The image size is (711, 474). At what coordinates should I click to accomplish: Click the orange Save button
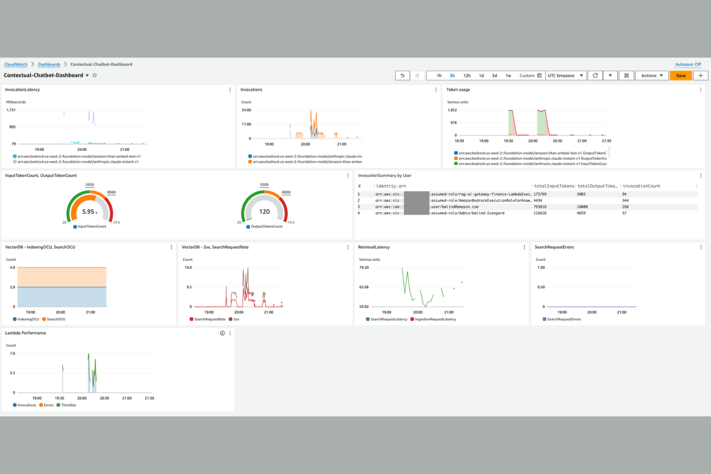pyautogui.click(x=681, y=75)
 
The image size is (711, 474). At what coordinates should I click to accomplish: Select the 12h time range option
pyautogui.click(x=466, y=75)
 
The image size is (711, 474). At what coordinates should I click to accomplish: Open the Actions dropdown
pyautogui.click(x=651, y=75)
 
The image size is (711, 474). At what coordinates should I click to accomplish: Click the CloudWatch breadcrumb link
pyautogui.click(x=16, y=64)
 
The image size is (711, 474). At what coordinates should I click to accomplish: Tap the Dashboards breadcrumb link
pyautogui.click(x=49, y=64)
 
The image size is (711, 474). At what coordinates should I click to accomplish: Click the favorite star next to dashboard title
pyautogui.click(x=95, y=75)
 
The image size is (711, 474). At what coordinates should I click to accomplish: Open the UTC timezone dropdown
pyautogui.click(x=565, y=75)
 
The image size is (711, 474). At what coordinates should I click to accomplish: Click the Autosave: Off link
pyautogui.click(x=687, y=64)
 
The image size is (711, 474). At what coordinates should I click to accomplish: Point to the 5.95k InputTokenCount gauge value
pyautogui.click(x=89, y=212)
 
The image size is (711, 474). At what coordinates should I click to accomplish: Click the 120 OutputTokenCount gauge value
pyautogui.click(x=264, y=212)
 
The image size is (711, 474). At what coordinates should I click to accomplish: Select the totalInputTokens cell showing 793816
pyautogui.click(x=540, y=207)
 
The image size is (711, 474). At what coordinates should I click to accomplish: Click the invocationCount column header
pyautogui.click(x=641, y=186)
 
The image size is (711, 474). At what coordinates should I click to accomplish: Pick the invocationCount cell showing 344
pyautogui.click(x=625, y=201)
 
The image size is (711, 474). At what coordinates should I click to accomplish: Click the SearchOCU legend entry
pyautogui.click(x=56, y=319)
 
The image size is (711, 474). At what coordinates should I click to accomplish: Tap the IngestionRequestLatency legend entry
pyautogui.click(x=435, y=319)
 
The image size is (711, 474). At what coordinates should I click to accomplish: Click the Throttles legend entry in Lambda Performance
pyautogui.click(x=68, y=405)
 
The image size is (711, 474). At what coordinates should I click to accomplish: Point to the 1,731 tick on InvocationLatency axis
pyautogui.click(x=11, y=110)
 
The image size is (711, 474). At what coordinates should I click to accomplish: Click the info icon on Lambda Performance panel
pyautogui.click(x=222, y=333)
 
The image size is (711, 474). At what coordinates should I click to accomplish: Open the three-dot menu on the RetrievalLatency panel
pyautogui.click(x=524, y=247)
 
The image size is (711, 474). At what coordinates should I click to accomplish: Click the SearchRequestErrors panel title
pyautogui.click(x=554, y=247)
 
